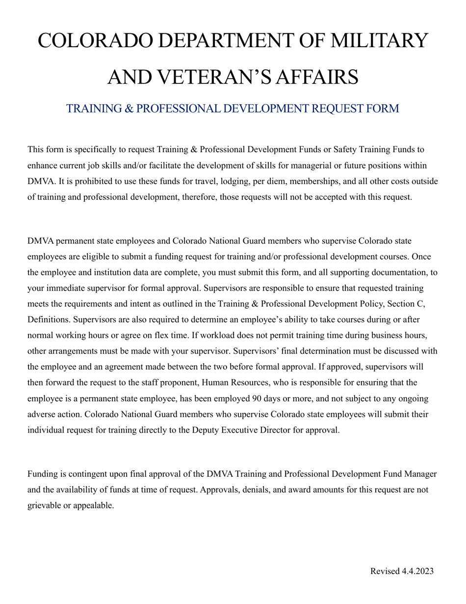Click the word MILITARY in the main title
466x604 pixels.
pyautogui.click(x=379, y=40)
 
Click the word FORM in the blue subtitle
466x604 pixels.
pyautogui.click(x=386, y=109)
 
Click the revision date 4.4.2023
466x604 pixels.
pyautogui.click(x=417, y=571)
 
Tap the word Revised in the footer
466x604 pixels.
pyautogui.click(x=385, y=571)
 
